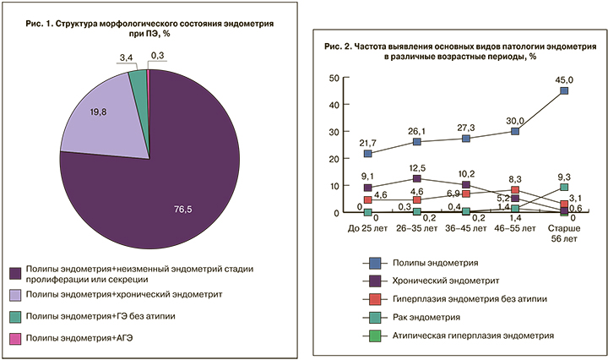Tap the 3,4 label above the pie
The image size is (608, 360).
point(125,57)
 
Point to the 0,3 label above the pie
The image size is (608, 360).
point(158,57)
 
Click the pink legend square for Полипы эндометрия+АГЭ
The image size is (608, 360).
point(15,338)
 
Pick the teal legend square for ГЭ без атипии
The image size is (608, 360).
point(15,316)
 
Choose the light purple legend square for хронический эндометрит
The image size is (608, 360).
point(15,294)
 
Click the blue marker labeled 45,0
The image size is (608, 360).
point(563,90)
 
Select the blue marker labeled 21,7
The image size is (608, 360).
point(368,154)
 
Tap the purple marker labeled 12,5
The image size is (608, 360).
point(417,179)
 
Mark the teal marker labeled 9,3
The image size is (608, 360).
point(563,188)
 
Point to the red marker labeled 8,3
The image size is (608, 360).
point(514,190)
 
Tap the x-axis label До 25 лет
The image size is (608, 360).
point(367,229)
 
